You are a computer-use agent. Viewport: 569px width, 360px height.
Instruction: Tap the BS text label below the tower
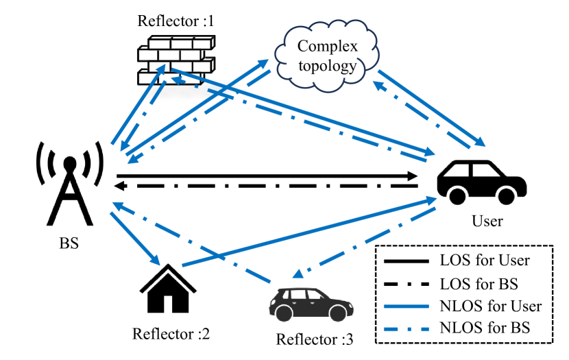click(69, 243)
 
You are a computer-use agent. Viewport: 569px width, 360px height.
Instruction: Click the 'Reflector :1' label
click(175, 21)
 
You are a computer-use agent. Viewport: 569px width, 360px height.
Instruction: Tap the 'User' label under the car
click(487, 221)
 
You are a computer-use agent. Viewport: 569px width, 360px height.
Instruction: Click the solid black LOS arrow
click(267, 176)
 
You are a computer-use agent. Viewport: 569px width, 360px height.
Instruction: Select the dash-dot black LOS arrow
click(267, 186)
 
